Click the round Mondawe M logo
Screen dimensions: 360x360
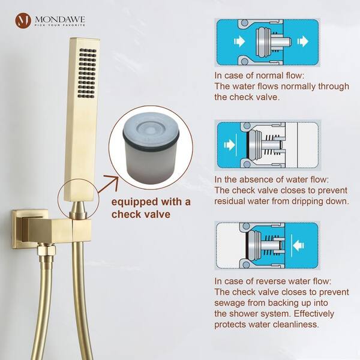click(23, 20)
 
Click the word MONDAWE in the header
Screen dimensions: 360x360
click(59, 19)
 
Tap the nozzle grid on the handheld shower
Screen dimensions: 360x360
click(87, 73)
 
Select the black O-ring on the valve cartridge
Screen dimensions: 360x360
click(151, 142)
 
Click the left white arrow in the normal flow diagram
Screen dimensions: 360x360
click(239, 41)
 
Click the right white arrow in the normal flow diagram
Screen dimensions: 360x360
click(303, 41)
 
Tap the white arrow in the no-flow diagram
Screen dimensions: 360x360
click(229, 145)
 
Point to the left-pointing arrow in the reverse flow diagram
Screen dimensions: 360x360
click(298, 245)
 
